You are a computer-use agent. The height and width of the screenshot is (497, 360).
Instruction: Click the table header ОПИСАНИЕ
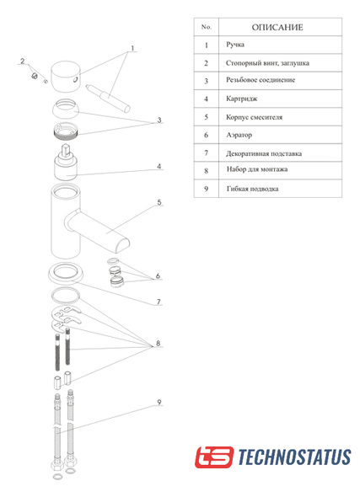tap(277, 27)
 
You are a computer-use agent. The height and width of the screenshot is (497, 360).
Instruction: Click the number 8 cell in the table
tap(207, 171)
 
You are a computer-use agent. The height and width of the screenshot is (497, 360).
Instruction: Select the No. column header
tap(207, 27)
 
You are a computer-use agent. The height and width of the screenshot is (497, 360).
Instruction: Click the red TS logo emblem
tap(214, 457)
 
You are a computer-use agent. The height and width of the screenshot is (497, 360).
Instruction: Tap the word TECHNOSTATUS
tap(294, 457)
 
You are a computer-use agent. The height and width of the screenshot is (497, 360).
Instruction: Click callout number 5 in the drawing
tap(159, 202)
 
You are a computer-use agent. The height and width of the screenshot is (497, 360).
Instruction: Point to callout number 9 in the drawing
tap(159, 402)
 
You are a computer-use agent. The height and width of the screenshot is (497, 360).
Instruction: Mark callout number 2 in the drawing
tap(23, 61)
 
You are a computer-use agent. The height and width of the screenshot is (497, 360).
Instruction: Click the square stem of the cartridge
tap(67, 150)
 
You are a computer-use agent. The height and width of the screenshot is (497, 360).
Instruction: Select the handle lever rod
tap(108, 99)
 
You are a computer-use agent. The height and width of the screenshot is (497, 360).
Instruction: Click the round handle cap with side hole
tap(66, 77)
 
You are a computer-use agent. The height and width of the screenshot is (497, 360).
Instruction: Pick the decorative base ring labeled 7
tap(66, 273)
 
